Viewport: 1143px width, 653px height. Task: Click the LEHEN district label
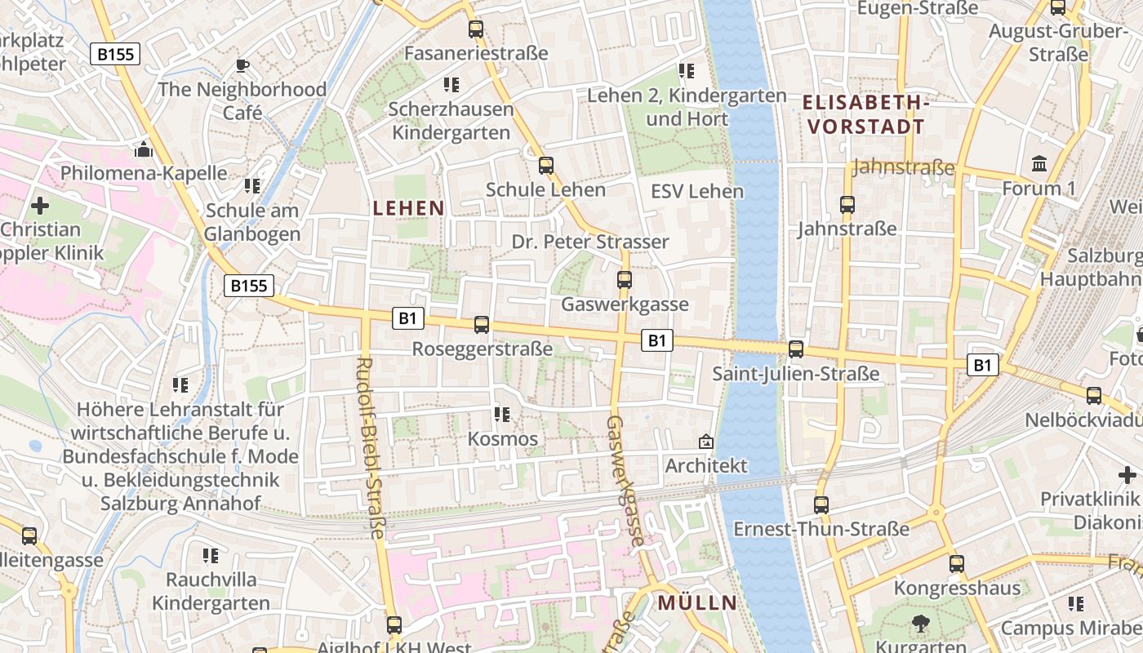tap(408, 208)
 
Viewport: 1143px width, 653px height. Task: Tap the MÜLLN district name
tap(697, 603)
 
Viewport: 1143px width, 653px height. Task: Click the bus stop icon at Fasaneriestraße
tap(476, 29)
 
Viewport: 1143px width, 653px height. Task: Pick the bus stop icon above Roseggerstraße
tap(482, 325)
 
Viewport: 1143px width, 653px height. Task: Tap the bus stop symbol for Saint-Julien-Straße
tap(796, 349)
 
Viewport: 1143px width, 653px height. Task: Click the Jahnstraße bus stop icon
tap(847, 205)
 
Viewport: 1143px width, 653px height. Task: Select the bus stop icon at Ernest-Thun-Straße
tap(821, 505)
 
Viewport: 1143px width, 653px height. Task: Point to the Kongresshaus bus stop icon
tap(957, 564)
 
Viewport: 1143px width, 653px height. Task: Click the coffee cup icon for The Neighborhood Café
tap(242, 65)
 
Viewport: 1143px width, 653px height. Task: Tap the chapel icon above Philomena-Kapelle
tap(144, 149)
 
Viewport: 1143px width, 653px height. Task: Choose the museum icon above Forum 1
tap(1039, 164)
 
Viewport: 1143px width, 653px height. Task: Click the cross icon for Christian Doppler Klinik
tap(39, 205)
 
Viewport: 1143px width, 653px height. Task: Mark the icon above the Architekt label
tap(706, 442)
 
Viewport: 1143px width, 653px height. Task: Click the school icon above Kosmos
tap(502, 415)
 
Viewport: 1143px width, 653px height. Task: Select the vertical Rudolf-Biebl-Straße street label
tap(371, 447)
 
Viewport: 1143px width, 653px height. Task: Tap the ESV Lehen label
tap(697, 191)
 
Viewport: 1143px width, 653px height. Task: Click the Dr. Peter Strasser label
tap(590, 242)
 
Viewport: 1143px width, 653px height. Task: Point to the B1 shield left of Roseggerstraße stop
tap(408, 318)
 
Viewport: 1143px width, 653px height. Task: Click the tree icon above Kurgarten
tap(921, 624)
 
